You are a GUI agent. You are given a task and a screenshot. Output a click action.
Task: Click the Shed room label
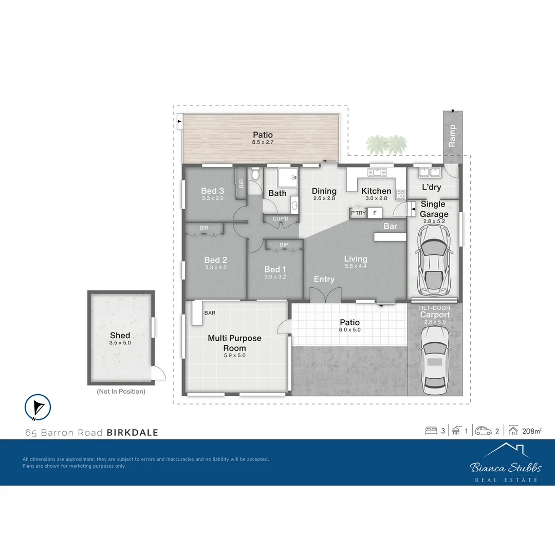[120, 336]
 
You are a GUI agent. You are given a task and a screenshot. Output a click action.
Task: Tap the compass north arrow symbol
[38, 407]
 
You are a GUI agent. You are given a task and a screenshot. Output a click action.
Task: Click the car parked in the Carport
[435, 360]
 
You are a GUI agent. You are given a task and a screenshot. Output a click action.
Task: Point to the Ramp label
[452, 136]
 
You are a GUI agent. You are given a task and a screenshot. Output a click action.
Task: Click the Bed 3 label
[212, 191]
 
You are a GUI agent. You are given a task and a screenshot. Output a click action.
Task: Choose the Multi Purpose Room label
[234, 343]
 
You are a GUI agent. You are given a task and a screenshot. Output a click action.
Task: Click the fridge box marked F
[375, 213]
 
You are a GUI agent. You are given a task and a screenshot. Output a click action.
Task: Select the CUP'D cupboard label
[280, 219]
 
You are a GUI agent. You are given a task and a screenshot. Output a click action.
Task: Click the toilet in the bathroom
[255, 175]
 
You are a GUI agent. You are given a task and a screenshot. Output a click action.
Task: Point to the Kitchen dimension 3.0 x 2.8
[376, 198]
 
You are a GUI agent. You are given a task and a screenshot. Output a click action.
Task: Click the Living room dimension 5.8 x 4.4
[356, 266]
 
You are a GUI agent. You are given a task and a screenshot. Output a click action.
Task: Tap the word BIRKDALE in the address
[132, 433]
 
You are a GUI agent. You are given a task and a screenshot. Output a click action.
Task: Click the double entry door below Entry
[325, 298]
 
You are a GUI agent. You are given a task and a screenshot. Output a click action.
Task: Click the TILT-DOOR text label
[435, 308]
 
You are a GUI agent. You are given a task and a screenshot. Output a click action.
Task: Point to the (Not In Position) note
[121, 392]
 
